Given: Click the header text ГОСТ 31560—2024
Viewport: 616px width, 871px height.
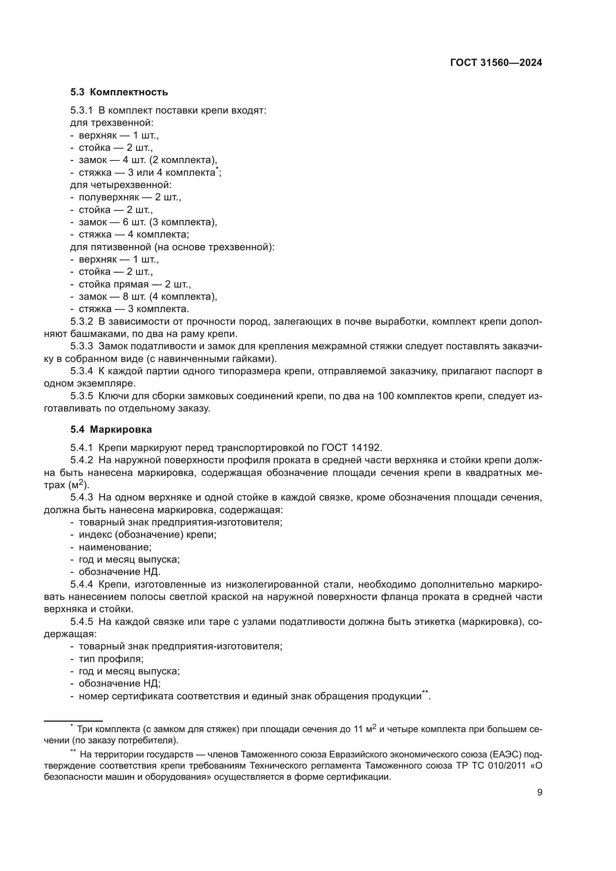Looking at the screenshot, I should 496,63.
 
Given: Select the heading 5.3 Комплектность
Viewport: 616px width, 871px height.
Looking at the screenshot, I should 119,92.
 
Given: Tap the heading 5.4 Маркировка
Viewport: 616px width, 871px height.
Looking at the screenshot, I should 111,429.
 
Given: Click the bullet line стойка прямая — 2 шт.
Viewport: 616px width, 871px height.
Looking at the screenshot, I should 135,284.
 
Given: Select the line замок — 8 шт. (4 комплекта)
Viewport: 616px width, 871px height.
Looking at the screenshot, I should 148,296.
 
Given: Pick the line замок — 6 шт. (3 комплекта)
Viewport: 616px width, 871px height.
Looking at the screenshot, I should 148,222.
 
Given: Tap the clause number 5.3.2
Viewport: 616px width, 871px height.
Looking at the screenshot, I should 82,322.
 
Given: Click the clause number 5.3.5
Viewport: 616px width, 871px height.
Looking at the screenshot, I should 82,396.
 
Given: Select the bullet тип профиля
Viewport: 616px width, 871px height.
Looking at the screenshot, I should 111,659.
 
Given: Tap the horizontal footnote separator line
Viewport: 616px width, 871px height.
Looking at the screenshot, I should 73,721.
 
